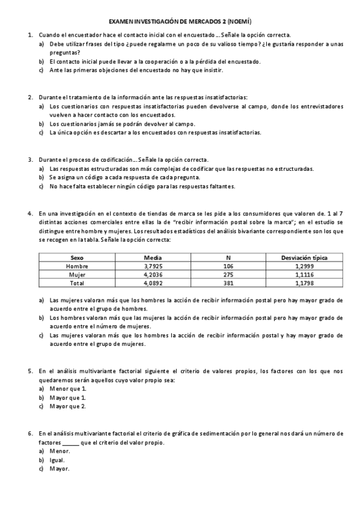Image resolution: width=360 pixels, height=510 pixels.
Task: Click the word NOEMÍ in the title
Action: pyautogui.click(x=245, y=20)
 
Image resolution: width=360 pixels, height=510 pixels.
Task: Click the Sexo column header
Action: pyautogui.click(x=76, y=257)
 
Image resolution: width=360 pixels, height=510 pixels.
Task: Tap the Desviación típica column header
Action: pyautogui.click(x=304, y=257)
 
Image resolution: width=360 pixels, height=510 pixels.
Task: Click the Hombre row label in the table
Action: pyautogui.click(x=76, y=266)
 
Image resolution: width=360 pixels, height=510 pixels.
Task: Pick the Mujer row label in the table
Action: pyautogui.click(x=76, y=274)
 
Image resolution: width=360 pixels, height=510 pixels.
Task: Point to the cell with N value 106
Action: pyautogui.click(x=228, y=266)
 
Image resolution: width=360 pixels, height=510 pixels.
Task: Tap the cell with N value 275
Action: pyautogui.click(x=228, y=274)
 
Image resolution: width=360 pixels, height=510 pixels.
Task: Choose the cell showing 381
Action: pyautogui.click(x=228, y=282)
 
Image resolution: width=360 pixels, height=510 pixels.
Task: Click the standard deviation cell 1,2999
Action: pyautogui.click(x=304, y=266)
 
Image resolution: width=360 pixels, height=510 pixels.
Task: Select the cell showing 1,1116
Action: pyautogui.click(x=304, y=274)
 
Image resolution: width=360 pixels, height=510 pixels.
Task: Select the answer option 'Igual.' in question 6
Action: pyautogui.click(x=58, y=460)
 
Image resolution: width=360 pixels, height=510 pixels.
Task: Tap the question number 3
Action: pyautogui.click(x=30, y=159)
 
